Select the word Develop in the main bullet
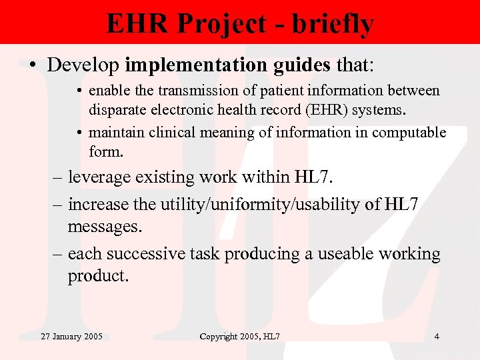coord(83,65)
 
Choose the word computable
coord(409,133)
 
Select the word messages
coord(105,227)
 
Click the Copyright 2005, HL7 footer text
coord(239,337)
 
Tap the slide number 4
coord(437,337)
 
